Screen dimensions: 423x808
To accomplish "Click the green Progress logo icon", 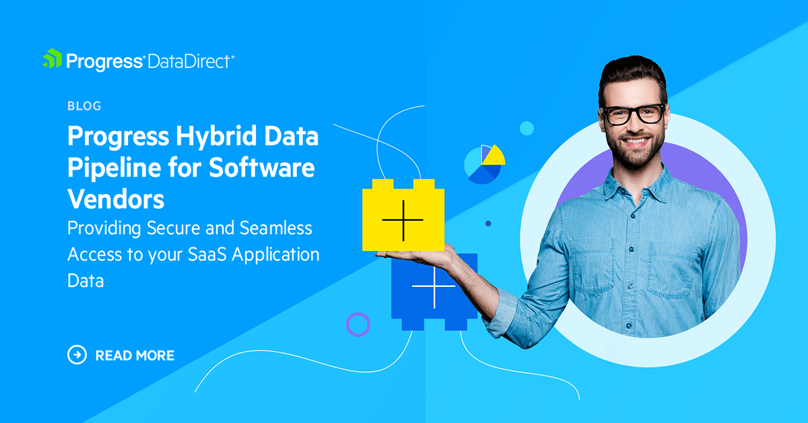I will click(53, 59).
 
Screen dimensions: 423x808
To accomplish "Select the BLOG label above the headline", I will click(84, 106).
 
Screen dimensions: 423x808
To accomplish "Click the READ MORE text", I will click(135, 355).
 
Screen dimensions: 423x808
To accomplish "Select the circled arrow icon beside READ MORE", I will click(77, 354).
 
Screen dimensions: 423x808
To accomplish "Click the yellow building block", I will click(403, 216).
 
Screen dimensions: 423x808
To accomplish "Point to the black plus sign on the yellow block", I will click(403, 220).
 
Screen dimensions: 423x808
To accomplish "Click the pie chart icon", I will click(483, 164).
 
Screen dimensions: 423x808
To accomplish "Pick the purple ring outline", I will click(358, 324).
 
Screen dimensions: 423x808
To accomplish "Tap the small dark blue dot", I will click(488, 224).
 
